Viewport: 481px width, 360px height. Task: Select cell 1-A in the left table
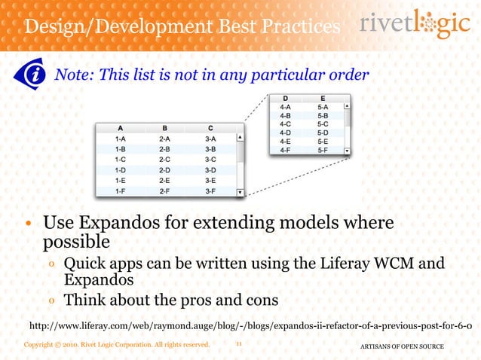(119, 139)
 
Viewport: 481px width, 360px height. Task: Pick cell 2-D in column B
(164, 170)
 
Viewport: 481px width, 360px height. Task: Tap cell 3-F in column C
(210, 191)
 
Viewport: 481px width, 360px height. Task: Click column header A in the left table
(119, 127)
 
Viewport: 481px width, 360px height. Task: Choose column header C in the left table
(210, 127)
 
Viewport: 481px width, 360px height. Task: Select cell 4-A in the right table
(285, 108)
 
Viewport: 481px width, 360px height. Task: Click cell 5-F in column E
(323, 150)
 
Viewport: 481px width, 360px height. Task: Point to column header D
(285, 98)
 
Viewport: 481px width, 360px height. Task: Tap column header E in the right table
(323, 98)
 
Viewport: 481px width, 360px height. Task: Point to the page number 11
(238, 344)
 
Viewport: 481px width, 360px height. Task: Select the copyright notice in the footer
(115, 345)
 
